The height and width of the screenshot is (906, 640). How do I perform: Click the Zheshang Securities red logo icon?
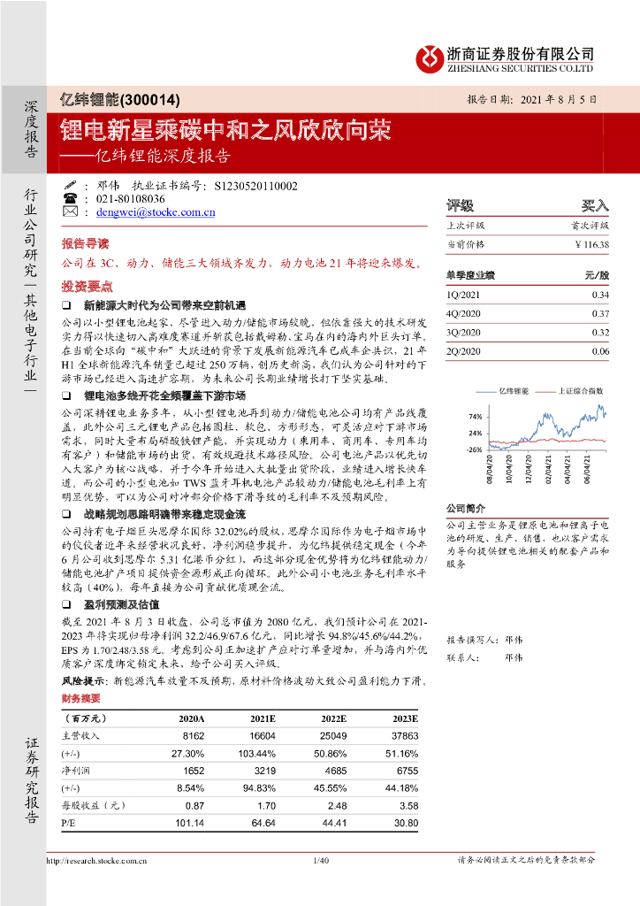click(x=431, y=58)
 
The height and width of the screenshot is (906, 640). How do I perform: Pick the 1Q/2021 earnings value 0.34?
click(x=600, y=295)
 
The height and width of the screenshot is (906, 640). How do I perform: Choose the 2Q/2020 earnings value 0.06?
click(x=600, y=351)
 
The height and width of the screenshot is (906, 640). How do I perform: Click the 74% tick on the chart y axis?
click(x=475, y=416)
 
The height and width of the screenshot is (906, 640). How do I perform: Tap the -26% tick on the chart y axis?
click(x=475, y=449)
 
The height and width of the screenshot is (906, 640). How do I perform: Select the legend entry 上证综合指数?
click(x=581, y=390)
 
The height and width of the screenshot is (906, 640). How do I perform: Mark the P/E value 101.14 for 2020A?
click(x=190, y=823)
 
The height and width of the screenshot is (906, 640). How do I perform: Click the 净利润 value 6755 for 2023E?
click(x=406, y=771)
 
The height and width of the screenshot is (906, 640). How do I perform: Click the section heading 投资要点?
click(x=87, y=287)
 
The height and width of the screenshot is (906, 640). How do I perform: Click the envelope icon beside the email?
click(x=71, y=213)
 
